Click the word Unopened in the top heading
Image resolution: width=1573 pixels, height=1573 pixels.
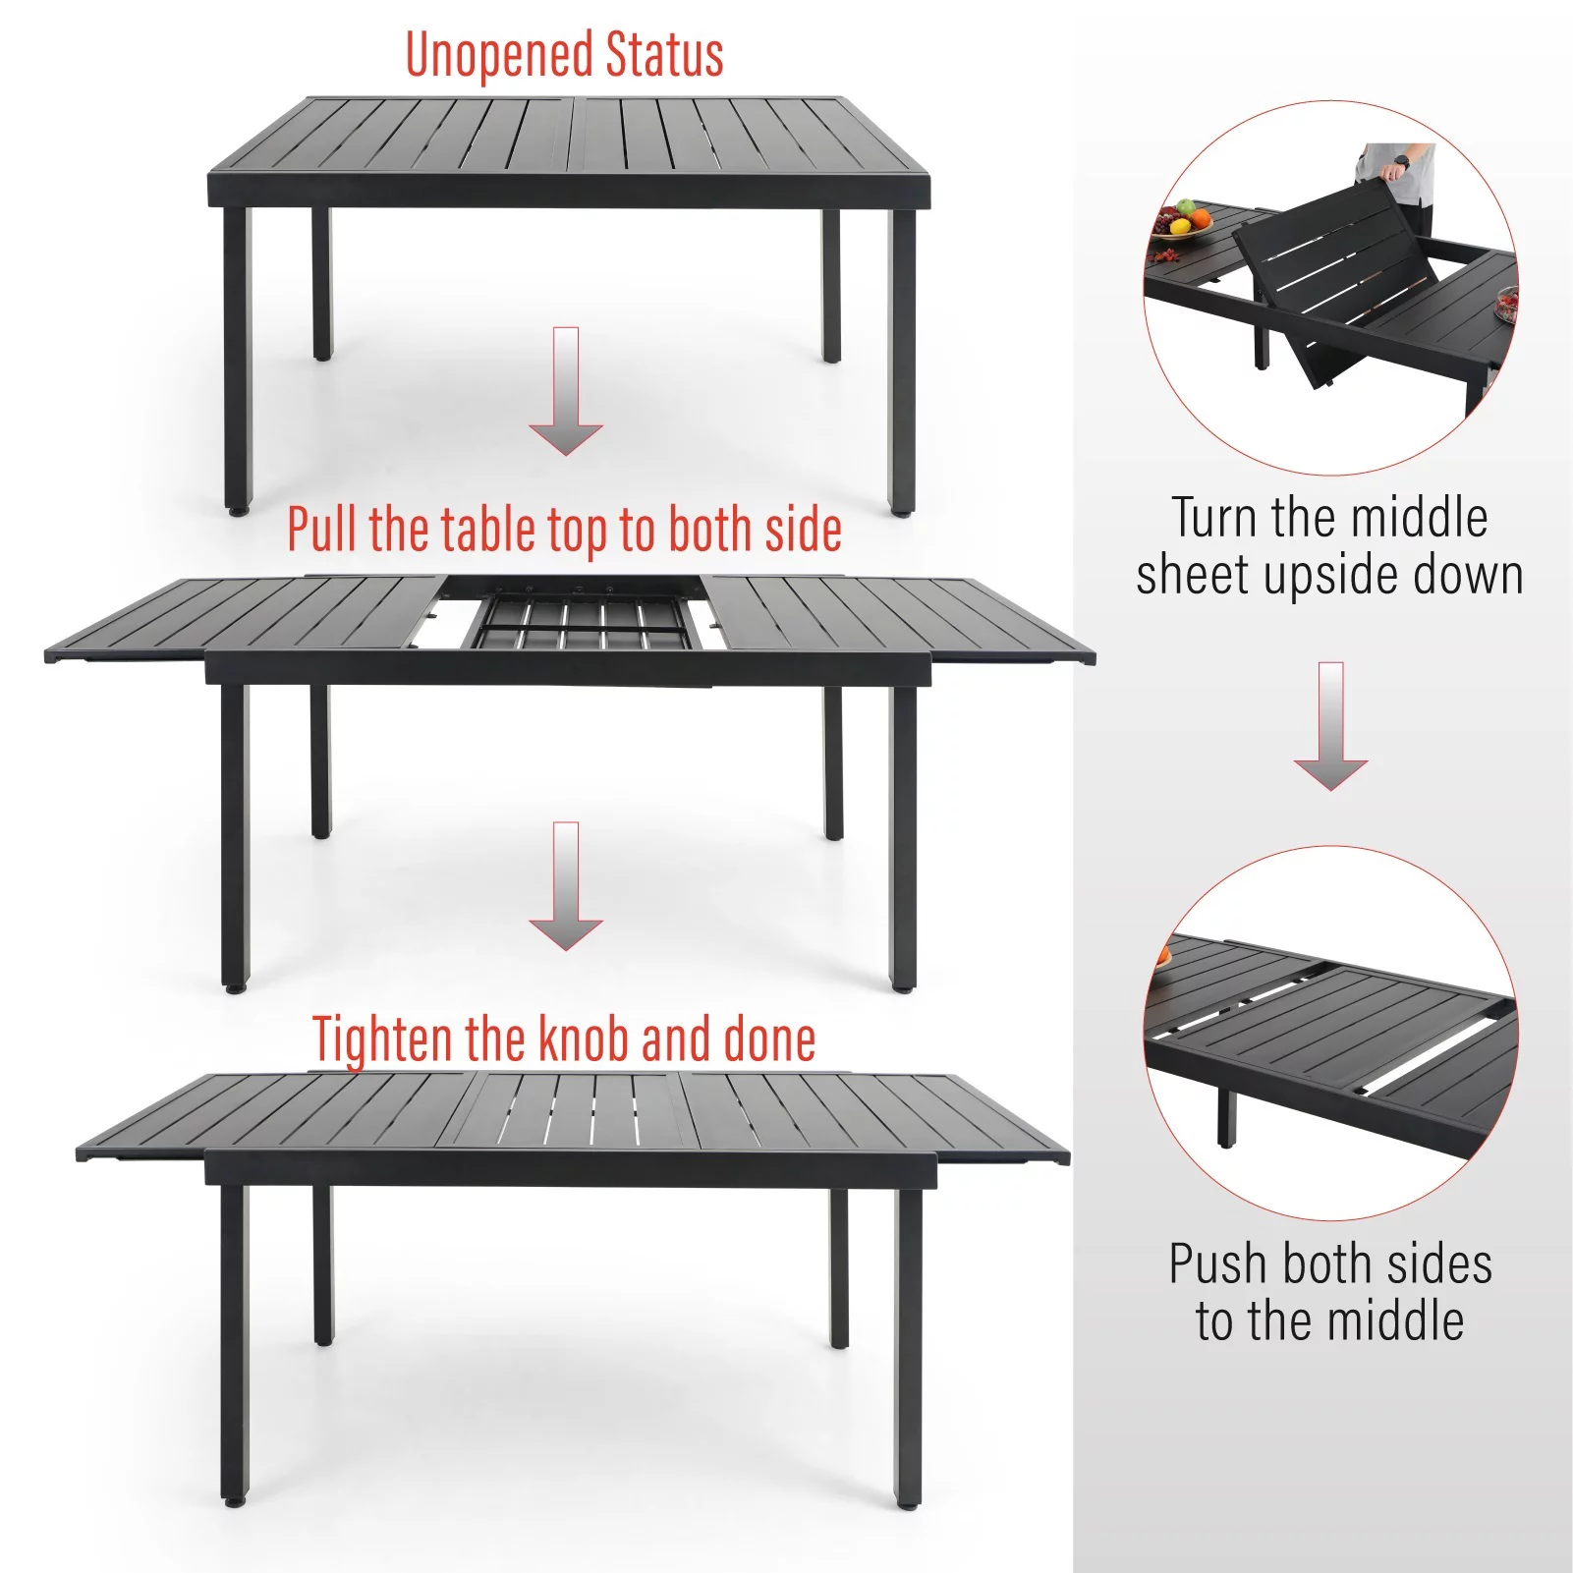tap(500, 55)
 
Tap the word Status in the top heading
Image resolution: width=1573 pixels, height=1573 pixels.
tap(664, 55)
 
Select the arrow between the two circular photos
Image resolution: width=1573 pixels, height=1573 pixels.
tap(1330, 726)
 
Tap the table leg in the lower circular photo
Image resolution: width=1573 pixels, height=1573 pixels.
tap(1227, 1116)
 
